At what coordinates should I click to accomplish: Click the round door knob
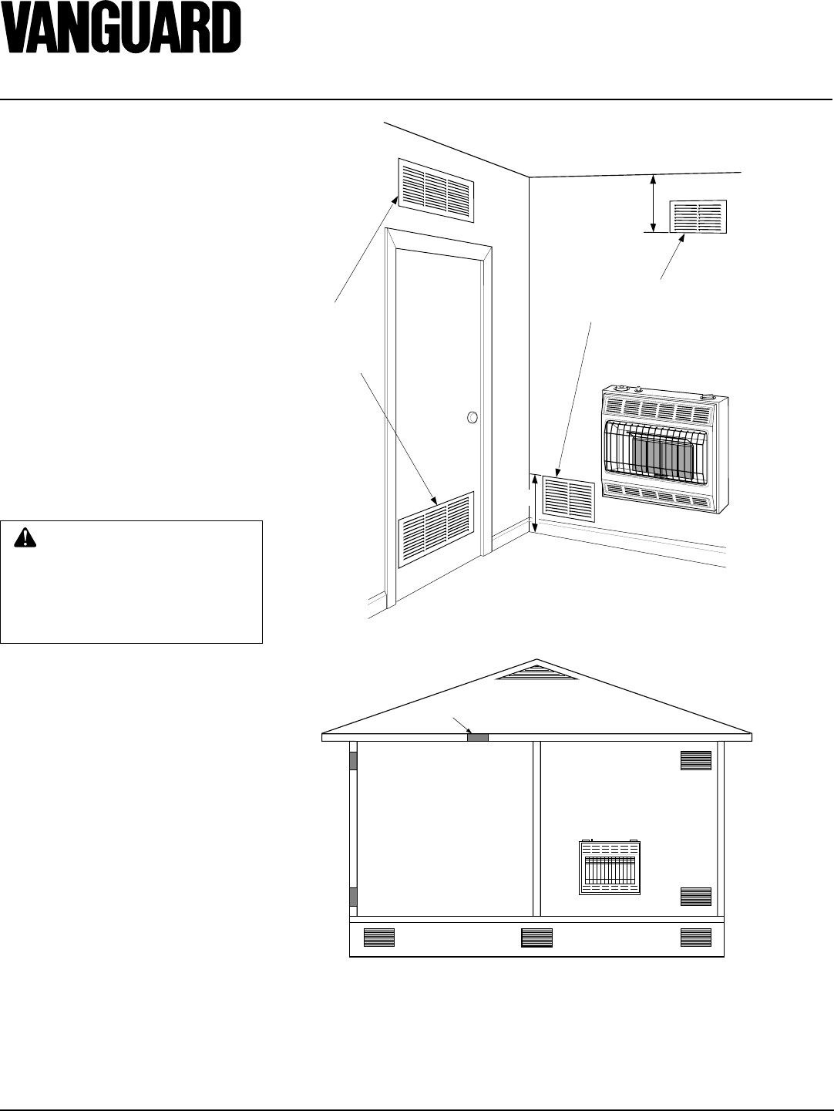pos(472,418)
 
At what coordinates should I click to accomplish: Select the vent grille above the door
pos(436,186)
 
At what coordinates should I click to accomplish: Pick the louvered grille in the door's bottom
pos(435,530)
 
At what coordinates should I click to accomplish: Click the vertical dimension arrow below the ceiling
pos(654,203)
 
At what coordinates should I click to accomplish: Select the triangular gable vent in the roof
pos(537,672)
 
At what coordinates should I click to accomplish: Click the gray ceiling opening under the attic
pos(478,737)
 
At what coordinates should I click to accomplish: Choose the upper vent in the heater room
pos(695,760)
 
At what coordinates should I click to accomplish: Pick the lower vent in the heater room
pos(695,896)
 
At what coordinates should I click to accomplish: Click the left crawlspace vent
pos(378,938)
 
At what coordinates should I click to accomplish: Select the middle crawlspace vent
pos(536,938)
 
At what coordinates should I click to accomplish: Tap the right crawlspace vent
pos(695,938)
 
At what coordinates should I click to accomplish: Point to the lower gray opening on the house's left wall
pos(354,896)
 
